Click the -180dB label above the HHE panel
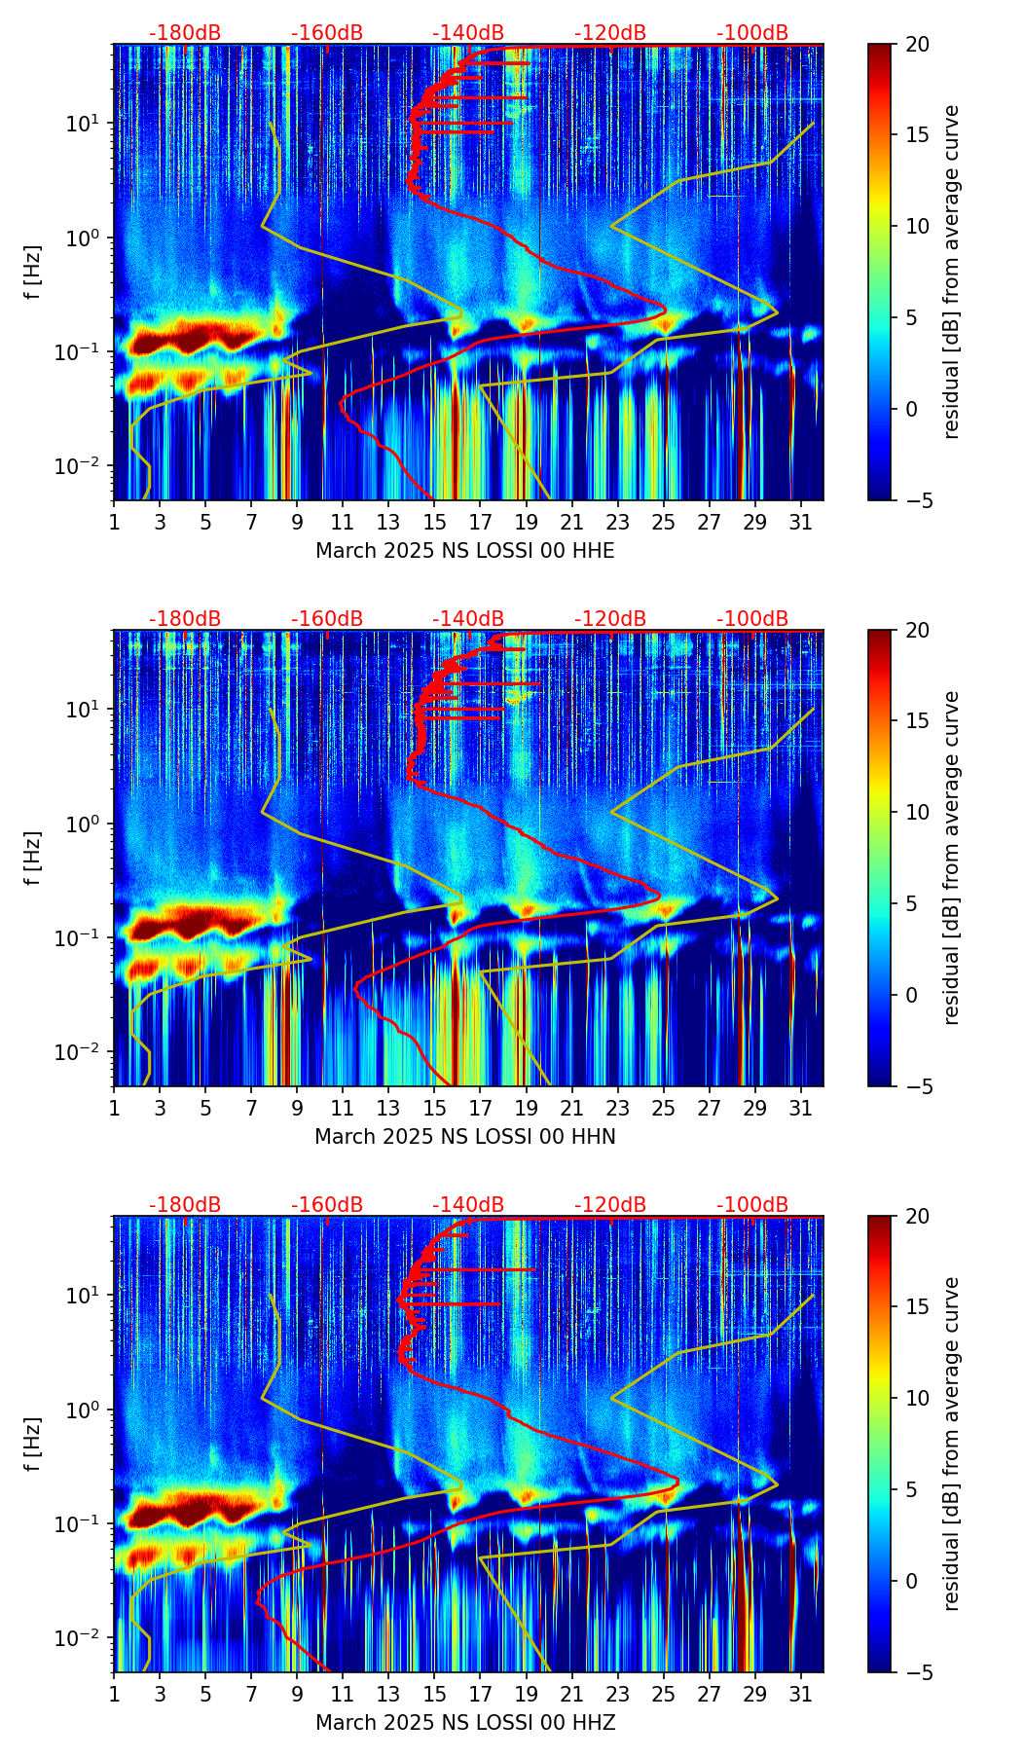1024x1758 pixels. [185, 33]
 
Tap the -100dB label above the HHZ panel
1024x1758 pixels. [752, 1205]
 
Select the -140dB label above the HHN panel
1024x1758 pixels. [468, 619]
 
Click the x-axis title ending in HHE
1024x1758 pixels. [465, 551]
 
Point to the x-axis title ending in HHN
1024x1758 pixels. [465, 1137]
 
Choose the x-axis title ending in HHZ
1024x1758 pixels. [465, 1723]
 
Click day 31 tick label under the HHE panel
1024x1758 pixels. [800, 523]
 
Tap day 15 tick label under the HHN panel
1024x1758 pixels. [434, 1109]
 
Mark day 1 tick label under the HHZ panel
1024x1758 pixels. [114, 1695]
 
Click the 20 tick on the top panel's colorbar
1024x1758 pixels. [916, 44]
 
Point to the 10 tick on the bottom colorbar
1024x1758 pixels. [916, 1398]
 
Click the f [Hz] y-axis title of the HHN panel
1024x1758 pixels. [33, 858]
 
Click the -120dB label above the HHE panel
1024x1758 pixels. [610, 33]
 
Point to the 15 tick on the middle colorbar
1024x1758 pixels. [916, 720]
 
